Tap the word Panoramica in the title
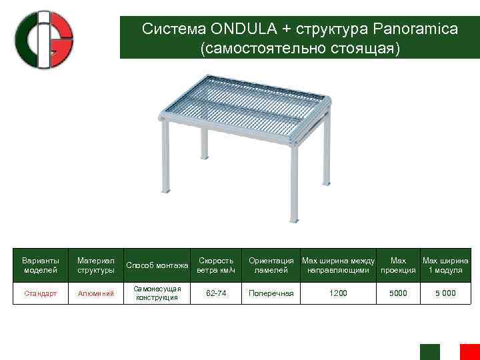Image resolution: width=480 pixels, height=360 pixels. pos(415,29)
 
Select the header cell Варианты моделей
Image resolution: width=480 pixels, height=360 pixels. pos(41,265)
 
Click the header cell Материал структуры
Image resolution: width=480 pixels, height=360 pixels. pos(95,265)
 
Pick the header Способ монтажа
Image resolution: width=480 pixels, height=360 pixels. pos(158,265)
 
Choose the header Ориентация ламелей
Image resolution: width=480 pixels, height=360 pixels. pos(271,265)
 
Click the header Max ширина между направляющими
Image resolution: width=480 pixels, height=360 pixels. pos(338,265)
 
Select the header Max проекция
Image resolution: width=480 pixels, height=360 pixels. pos(398,265)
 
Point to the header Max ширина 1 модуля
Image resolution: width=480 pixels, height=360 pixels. pos(445,265)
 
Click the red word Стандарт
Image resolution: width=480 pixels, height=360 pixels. pos(41,293)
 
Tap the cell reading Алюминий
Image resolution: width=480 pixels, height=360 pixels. pos(95,293)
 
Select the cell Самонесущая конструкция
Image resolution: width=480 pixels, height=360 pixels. pos(158,293)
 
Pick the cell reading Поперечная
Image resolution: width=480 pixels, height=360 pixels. pos(271,293)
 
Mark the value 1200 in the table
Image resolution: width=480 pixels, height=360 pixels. pos(338,293)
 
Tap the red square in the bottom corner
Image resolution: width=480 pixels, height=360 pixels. pos(470,351)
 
